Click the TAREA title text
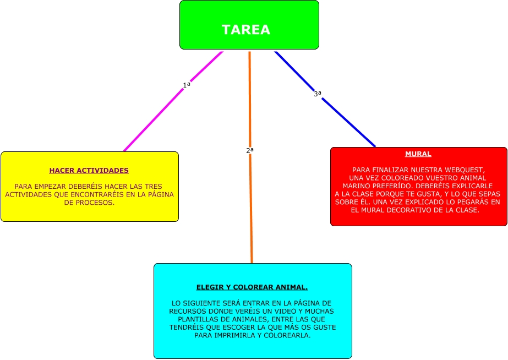[x=246, y=30]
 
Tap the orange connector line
[x=250, y=209]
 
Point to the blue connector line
[x=347, y=120]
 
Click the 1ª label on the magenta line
[x=187, y=85]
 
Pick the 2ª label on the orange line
[x=250, y=150]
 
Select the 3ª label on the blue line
[x=318, y=94]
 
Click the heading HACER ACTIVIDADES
[x=89, y=171]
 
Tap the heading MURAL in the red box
[x=418, y=154]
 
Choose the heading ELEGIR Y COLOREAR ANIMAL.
[x=252, y=287]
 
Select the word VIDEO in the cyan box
[x=281, y=312]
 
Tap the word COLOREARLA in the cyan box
[x=287, y=335]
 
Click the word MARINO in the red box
[x=363, y=186]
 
